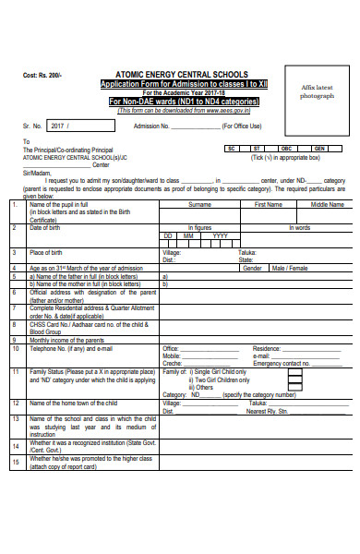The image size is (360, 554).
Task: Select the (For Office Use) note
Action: click(x=244, y=126)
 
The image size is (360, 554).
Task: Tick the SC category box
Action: click(x=232, y=148)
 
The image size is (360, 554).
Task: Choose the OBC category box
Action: click(x=286, y=148)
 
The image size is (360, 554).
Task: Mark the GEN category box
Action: click(x=318, y=148)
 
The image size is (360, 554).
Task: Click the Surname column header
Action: click(x=199, y=204)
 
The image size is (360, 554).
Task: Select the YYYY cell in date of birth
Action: click(x=220, y=235)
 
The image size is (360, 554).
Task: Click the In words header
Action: click(x=300, y=226)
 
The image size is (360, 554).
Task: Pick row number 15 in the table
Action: click(x=15, y=459)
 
